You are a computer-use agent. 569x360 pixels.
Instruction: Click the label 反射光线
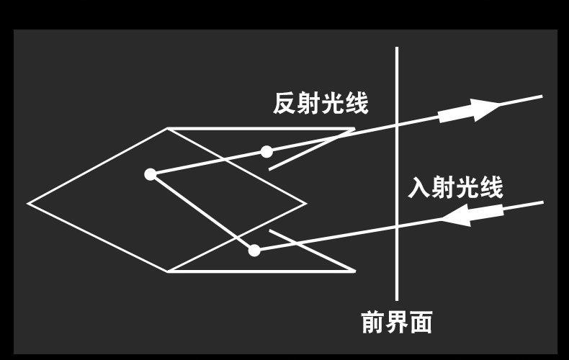coord(321,104)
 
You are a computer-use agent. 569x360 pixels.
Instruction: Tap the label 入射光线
coord(455,188)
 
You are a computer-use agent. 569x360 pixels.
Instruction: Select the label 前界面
coord(397,323)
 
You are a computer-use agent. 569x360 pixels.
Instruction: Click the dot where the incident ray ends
coord(254,250)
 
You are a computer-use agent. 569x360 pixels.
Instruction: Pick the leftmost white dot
coord(150,174)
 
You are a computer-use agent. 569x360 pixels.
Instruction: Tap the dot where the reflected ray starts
coord(266,151)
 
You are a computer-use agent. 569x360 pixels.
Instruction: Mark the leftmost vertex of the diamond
coord(29,203)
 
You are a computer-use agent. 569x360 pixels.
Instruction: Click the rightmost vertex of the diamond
coord(306,203)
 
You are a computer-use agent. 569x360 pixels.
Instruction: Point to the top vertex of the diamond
coord(167,129)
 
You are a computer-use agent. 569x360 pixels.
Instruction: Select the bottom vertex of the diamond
coord(167,271)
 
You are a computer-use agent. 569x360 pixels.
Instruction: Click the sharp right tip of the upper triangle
coord(354,130)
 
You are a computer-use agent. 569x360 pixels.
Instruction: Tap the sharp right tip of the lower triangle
coord(354,271)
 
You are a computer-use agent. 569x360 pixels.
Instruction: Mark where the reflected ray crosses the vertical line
coord(397,125)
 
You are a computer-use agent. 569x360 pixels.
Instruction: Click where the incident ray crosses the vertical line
coord(397,228)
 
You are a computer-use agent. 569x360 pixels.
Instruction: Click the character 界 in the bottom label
coord(397,323)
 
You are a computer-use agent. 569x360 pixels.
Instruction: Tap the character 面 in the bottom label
coord(421,323)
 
